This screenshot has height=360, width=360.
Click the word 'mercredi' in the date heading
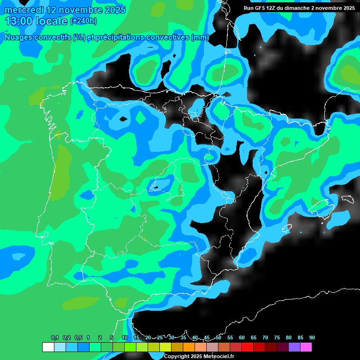(24, 10)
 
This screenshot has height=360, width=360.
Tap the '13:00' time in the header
(19, 21)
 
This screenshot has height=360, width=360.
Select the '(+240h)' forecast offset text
(83, 21)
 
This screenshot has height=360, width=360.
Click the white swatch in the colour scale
(48, 347)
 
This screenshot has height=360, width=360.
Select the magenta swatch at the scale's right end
(306, 347)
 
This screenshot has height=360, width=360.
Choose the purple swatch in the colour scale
(294, 347)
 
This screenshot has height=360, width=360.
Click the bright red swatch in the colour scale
(247, 347)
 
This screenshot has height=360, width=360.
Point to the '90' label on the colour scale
(312, 338)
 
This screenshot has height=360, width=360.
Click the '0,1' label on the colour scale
(54, 338)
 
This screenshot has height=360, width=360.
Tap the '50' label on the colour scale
(218, 338)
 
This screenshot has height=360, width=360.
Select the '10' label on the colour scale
(124, 338)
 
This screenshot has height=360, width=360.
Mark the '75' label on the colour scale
(277, 338)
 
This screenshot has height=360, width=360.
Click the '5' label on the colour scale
(112, 338)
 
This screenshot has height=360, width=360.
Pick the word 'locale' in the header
(52, 21)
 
